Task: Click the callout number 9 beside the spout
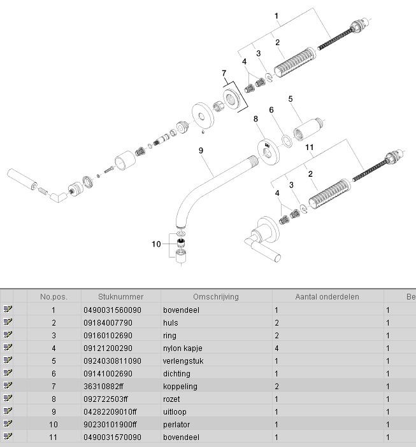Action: [200, 150]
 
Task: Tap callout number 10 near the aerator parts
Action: [156, 244]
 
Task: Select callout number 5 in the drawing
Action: [290, 99]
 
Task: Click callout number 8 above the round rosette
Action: [255, 118]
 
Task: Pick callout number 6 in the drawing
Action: [271, 109]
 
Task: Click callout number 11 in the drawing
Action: [310, 148]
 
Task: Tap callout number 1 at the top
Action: [276, 15]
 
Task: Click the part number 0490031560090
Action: [112, 310]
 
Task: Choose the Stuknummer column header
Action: [121, 297]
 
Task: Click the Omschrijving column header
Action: [215, 297]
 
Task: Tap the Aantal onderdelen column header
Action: [327, 297]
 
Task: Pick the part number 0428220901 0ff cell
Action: [110, 411]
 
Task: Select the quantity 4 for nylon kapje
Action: [276, 348]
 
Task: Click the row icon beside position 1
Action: [8, 310]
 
